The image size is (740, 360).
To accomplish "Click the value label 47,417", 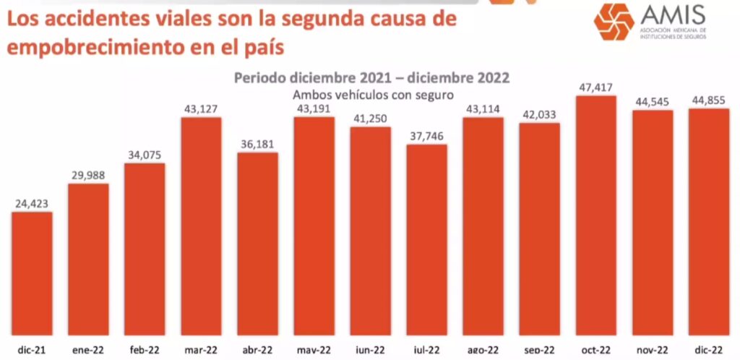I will tap(596, 87).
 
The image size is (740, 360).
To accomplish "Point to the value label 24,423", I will tap(32, 204).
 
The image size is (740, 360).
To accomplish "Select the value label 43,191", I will tap(314, 109).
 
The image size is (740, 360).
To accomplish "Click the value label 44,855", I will tap(709, 101).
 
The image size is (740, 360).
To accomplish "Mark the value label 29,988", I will tap(88, 176).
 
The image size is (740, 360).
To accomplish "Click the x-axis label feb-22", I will tap(145, 351).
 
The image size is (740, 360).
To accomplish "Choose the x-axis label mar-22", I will tap(201, 351).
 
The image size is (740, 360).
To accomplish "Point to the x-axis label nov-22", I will tap(653, 351).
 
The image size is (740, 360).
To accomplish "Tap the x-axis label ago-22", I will tap(483, 351).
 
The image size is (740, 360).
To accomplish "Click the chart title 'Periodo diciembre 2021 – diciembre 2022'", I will tap(371, 77).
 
